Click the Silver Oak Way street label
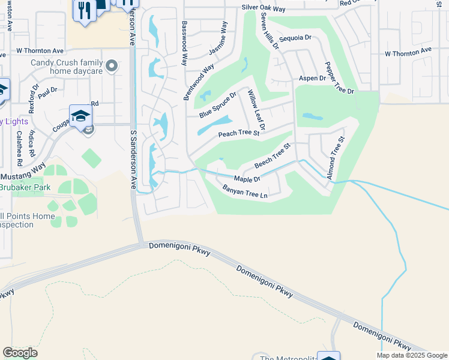pyautogui.click(x=264, y=9)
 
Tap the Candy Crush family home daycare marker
pyautogui.click(x=111, y=66)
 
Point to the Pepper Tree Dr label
pyautogui.click(x=340, y=77)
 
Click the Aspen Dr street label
pyautogui.click(x=312, y=79)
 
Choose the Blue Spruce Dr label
pyautogui.click(x=218, y=104)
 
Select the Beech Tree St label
pyautogui.click(x=273, y=155)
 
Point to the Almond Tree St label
pyautogui.click(x=335, y=158)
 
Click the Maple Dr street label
pyautogui.click(x=247, y=179)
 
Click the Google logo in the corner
pyautogui.click(x=20, y=353)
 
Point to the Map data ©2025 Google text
pyautogui.click(x=411, y=355)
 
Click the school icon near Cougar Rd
pyautogui.click(x=80, y=116)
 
